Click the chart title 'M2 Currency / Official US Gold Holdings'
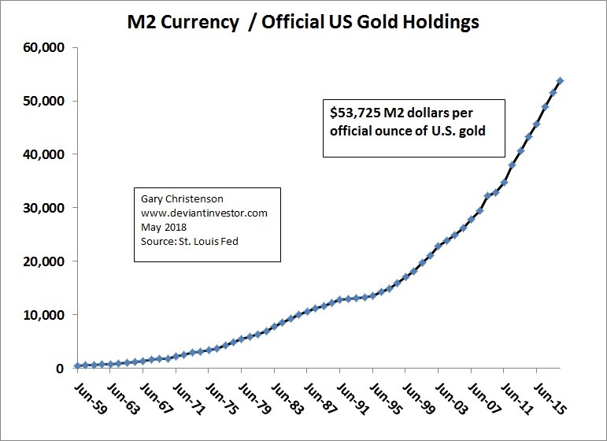[303, 23]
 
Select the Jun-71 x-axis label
[188, 398]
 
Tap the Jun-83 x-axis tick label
[287, 398]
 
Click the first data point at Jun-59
[77, 365]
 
